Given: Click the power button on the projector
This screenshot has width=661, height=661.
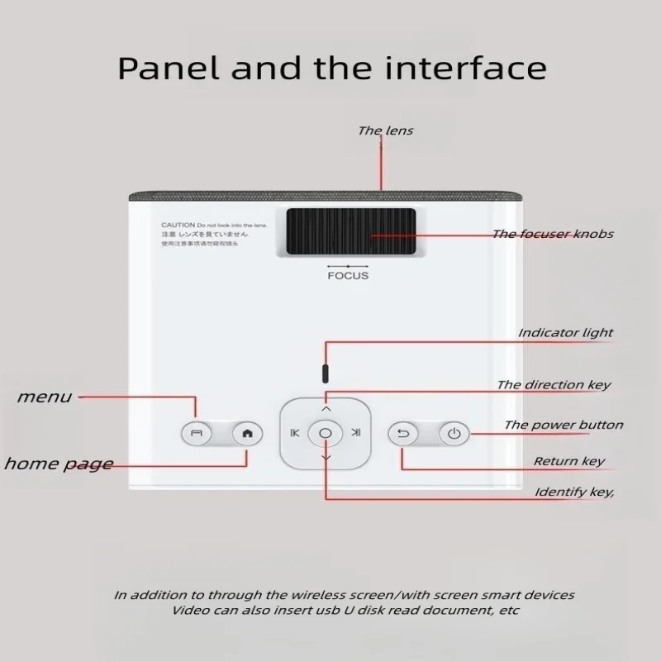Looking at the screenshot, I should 454,434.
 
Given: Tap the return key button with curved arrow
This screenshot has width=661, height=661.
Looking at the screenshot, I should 403,434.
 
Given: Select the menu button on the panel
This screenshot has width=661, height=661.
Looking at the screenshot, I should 196,433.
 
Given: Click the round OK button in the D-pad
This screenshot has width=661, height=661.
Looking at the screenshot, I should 325,433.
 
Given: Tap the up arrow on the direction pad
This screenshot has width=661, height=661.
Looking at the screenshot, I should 325,408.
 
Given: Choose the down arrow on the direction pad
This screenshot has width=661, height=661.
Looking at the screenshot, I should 325,458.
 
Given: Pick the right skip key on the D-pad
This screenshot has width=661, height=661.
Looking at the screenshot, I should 355,433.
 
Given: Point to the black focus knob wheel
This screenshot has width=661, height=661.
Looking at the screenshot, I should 351,232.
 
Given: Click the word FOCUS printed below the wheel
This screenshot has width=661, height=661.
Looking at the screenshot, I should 348,275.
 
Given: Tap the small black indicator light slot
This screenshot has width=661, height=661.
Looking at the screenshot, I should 325,369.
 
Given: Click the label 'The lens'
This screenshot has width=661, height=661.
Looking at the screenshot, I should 385,131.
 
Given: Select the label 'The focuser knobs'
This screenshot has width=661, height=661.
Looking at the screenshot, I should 553,234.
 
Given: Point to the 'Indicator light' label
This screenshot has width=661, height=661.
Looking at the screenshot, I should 565,333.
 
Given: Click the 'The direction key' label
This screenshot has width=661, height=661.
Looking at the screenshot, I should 554,385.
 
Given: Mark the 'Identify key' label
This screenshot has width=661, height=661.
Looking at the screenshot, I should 573,492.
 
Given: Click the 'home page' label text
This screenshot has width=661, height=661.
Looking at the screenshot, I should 58,464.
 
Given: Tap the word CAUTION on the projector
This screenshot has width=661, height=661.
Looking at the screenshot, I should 178,225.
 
